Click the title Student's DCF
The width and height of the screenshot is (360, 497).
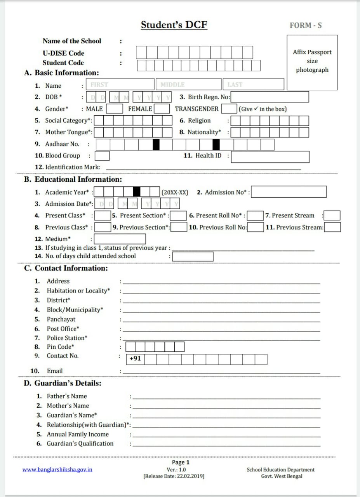point(174,25)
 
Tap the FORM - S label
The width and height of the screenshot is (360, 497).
point(306,26)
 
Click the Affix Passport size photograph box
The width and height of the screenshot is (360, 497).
point(312,61)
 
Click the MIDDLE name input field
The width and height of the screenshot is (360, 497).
point(190,85)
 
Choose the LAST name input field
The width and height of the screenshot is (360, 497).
point(253,85)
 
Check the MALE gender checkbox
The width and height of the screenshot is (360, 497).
point(115,109)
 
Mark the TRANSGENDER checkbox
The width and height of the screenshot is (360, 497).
point(229,109)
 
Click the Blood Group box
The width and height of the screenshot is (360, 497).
point(102,156)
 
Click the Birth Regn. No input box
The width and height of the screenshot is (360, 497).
point(270,97)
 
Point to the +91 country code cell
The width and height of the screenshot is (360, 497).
point(135,359)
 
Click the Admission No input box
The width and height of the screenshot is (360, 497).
point(289,192)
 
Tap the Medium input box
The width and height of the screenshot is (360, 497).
point(120,239)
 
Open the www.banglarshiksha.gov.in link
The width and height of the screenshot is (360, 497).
point(57,469)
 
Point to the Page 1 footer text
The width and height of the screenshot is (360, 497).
point(181,462)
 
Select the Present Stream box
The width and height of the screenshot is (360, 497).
point(332,215)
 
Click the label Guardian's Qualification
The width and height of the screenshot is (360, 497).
point(80,444)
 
